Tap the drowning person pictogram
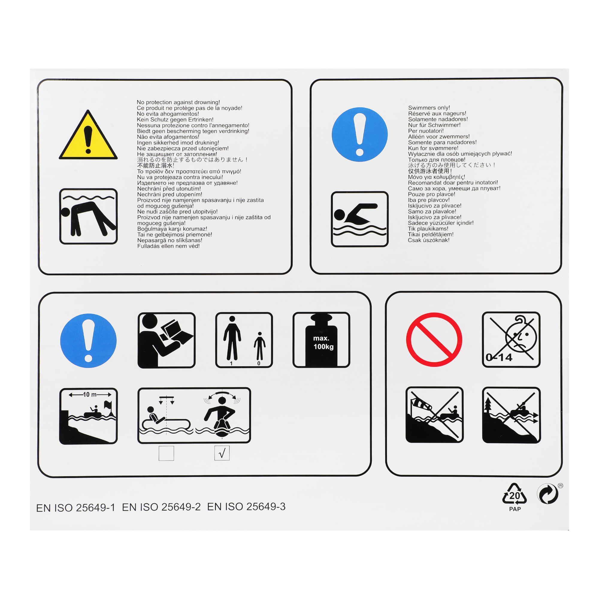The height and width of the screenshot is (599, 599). [88, 216]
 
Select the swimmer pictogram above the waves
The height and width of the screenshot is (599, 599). [360, 219]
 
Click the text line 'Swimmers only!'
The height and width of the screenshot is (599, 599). [429, 108]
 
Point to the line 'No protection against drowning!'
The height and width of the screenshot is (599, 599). [178, 102]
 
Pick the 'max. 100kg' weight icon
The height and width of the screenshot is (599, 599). [321, 340]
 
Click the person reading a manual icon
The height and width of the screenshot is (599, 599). [167, 340]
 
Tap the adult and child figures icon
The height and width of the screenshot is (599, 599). [244, 340]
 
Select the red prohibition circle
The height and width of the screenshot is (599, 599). [434, 340]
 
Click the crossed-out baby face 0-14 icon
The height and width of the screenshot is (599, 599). [511, 340]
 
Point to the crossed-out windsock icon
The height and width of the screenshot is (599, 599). [434, 415]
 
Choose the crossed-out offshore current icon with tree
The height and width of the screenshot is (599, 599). [511, 415]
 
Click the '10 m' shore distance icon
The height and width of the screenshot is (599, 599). [88, 416]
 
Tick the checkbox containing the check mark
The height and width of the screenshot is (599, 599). [222, 453]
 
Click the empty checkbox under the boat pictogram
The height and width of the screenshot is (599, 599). [166, 453]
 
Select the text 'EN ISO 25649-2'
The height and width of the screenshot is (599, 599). [161, 507]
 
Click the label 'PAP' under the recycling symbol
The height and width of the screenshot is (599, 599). [515, 509]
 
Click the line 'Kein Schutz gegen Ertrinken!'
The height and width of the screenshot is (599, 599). [175, 120]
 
